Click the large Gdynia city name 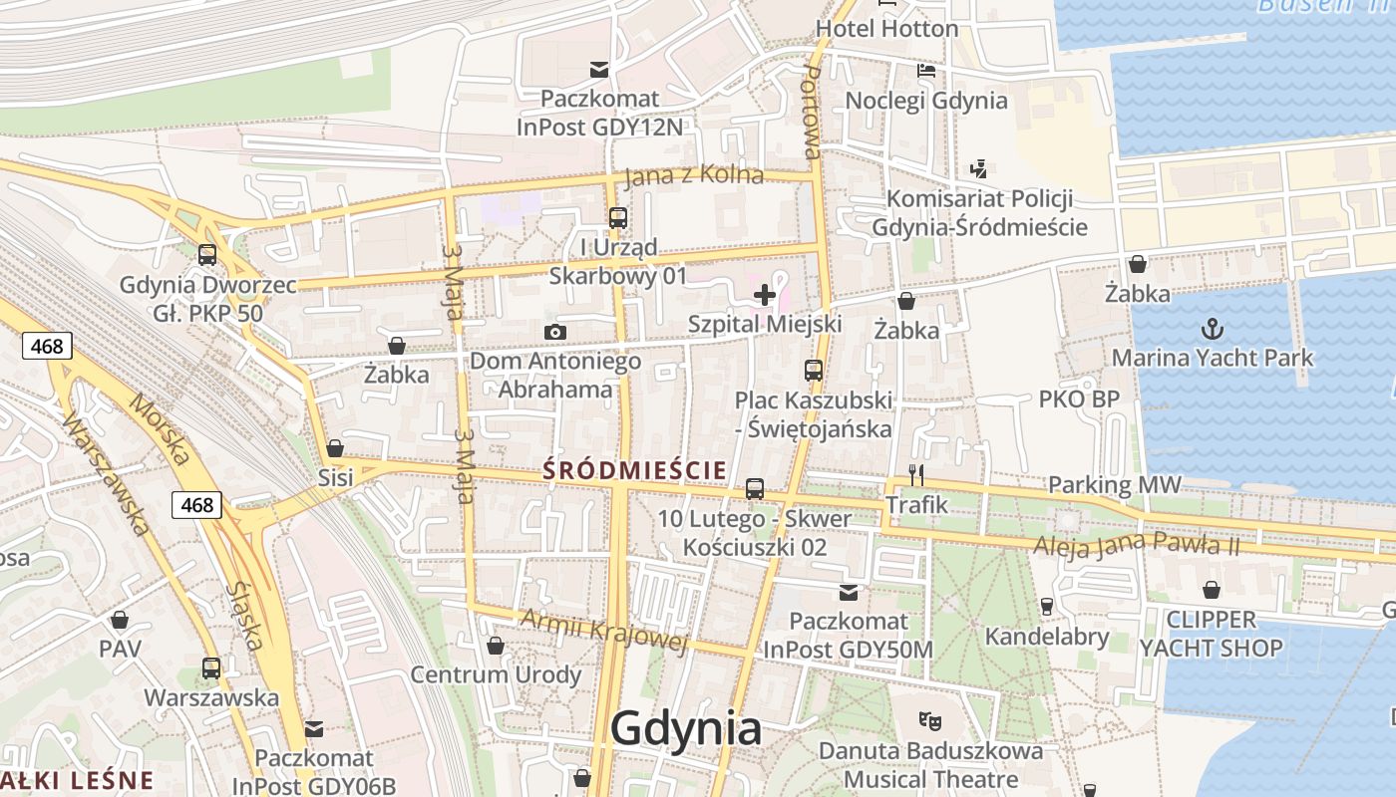[686, 729]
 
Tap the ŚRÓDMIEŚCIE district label [634, 469]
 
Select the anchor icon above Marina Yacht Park [1213, 328]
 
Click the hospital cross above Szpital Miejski [765, 294]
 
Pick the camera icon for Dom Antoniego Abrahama [555, 332]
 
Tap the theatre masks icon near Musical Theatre [930, 719]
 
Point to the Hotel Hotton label [886, 29]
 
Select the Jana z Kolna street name [694, 176]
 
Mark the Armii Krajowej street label [604, 631]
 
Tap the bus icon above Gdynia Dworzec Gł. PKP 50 [207, 254]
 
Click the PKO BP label [1079, 399]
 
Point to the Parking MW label [1114, 485]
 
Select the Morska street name [160, 432]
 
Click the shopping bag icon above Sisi [335, 448]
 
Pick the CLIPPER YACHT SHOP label [1211, 634]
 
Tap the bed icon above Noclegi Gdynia [926, 71]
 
